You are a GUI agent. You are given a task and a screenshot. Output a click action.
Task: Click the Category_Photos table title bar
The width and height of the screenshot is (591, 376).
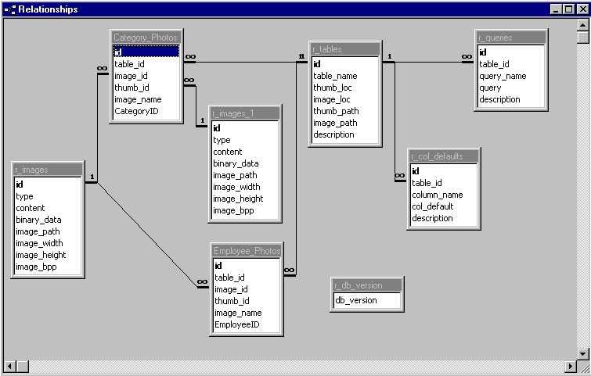(x=146, y=38)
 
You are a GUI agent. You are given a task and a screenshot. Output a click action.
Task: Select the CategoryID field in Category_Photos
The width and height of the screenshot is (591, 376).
(x=136, y=111)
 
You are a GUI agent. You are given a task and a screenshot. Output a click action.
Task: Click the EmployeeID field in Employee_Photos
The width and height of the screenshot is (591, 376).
(x=236, y=324)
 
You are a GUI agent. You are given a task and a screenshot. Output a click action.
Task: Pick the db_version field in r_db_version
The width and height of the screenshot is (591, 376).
(x=356, y=300)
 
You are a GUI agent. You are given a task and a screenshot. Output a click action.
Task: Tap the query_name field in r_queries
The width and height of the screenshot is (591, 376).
(x=503, y=76)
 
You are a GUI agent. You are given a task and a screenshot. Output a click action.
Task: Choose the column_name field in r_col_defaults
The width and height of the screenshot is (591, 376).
(x=437, y=195)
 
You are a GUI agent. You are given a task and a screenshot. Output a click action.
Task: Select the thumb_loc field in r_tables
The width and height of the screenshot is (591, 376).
(x=333, y=88)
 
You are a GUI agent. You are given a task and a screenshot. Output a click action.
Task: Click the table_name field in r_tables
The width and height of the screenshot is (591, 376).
(x=335, y=76)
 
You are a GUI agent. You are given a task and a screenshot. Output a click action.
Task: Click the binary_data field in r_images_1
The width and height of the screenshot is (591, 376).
(x=236, y=163)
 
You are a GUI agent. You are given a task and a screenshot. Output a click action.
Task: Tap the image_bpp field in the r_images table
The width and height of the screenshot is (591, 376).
(x=36, y=267)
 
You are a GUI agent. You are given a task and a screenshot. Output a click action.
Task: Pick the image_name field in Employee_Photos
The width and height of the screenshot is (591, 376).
(x=238, y=313)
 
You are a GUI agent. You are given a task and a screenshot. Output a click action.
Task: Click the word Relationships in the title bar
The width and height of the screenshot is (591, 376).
(x=49, y=9)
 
